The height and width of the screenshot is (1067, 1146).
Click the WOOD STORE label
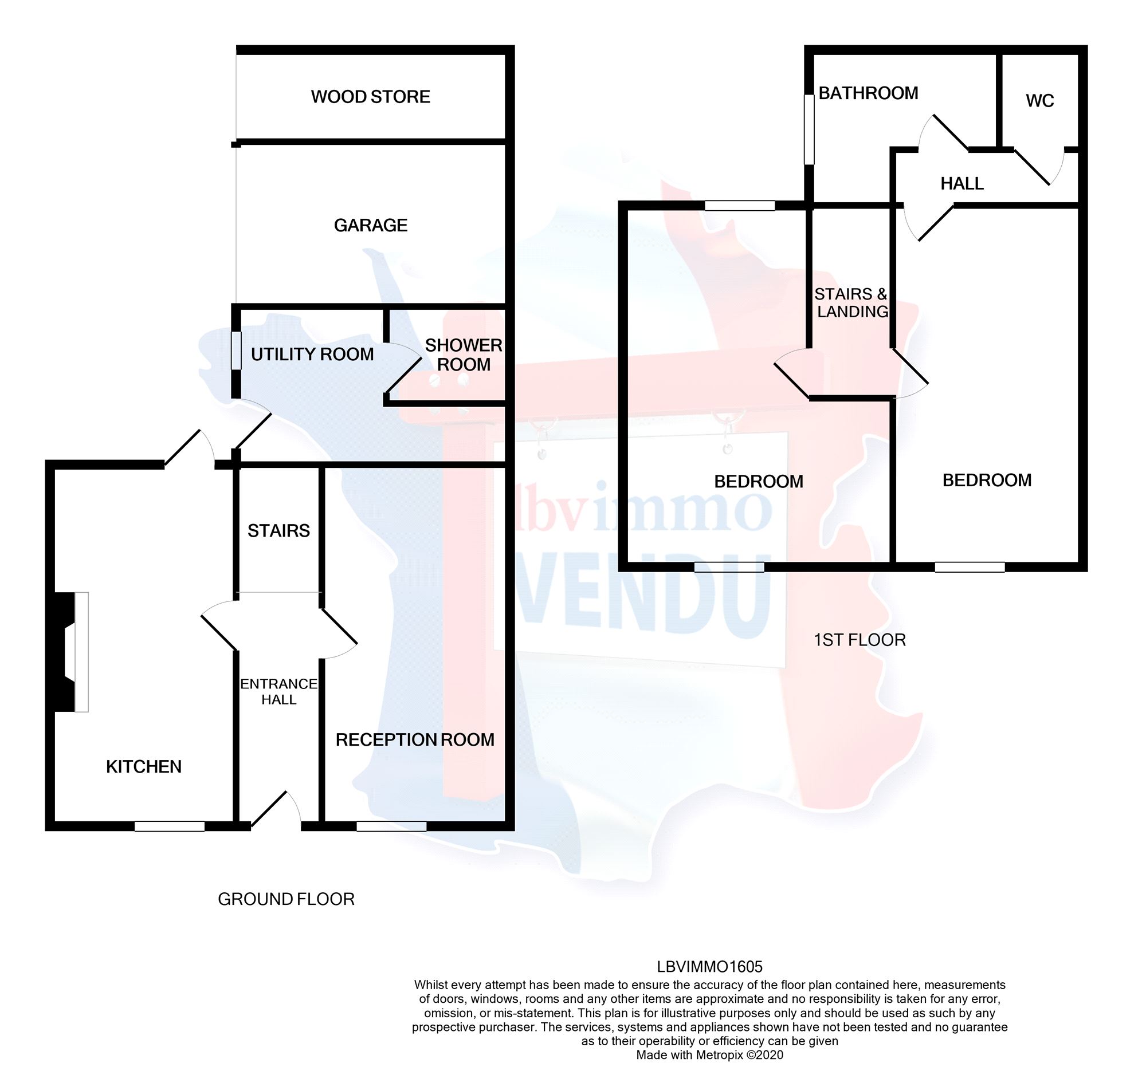[370, 97]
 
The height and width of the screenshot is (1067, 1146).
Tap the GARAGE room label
[370, 225]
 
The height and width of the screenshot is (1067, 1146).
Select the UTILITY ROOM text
[312, 355]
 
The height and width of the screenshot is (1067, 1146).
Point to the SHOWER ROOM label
[464, 355]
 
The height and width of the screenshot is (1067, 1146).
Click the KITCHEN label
[144, 766]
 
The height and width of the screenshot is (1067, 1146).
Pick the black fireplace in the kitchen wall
[64, 652]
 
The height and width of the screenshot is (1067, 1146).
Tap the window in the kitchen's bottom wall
[170, 826]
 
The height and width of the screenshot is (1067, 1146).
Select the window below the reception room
[391, 826]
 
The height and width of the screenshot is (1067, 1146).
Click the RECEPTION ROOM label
[415, 740]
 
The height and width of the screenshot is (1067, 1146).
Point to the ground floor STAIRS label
[278, 530]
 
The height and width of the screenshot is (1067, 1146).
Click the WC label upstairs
[1040, 101]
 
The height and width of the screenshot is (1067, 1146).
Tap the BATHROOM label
[868, 93]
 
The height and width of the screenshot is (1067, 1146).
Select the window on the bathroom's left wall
[809, 129]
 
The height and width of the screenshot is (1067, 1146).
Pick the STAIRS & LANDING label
[851, 303]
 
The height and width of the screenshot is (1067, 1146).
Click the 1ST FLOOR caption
[859, 640]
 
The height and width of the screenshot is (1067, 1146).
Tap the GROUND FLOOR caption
[286, 899]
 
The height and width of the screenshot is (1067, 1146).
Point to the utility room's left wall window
[236, 351]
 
